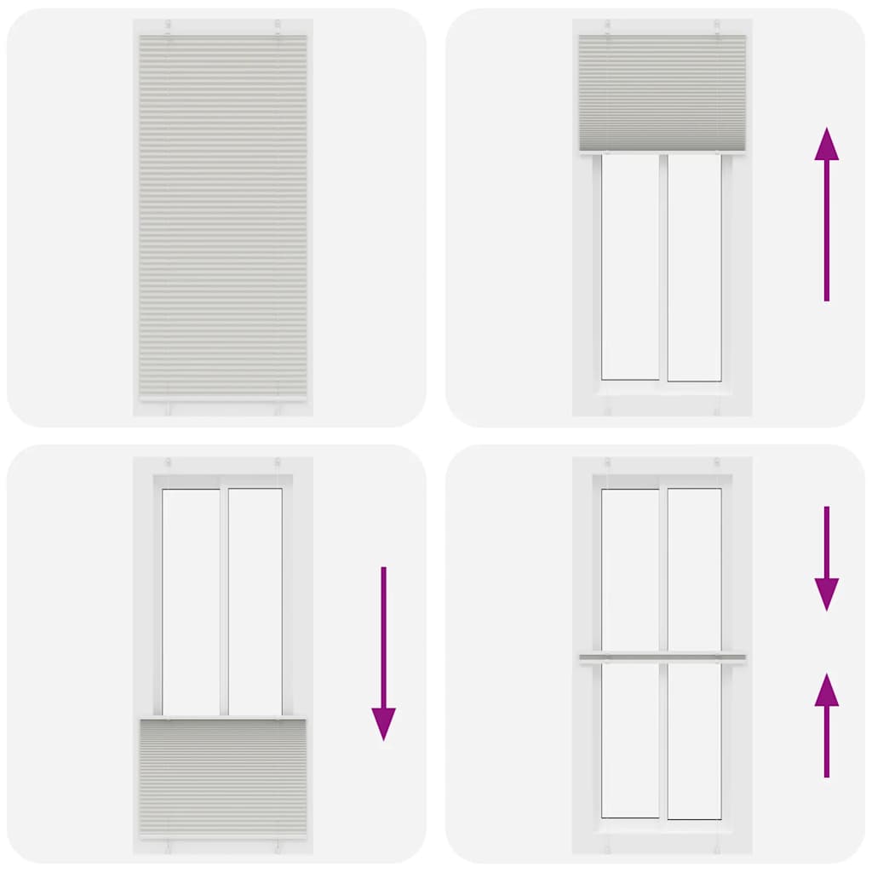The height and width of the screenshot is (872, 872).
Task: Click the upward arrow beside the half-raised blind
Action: [826, 217]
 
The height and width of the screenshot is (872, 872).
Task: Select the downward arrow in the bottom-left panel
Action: [383, 651]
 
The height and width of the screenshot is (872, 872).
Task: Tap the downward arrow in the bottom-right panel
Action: [826, 558]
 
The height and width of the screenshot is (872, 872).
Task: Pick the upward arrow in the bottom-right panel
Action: [826, 724]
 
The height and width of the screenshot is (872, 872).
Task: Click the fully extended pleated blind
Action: [223, 217]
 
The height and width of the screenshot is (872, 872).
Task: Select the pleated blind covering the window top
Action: [663, 92]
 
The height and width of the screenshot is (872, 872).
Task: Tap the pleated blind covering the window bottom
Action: [223, 777]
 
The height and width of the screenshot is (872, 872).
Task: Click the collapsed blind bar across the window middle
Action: [663, 657]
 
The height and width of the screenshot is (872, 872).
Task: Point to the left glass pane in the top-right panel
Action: [630, 267]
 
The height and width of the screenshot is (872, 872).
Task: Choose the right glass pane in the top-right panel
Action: [694, 267]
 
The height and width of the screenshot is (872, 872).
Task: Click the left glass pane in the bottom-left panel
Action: [191, 601]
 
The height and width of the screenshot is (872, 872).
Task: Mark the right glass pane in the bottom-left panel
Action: [255, 601]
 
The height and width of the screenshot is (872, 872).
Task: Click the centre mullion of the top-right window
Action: [663, 267]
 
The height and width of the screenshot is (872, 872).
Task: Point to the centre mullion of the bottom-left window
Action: [223, 601]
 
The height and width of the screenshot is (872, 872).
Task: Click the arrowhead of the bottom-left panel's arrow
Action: [383, 723]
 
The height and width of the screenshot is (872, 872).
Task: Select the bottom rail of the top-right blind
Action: [663, 152]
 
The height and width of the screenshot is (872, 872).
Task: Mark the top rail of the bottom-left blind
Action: [223, 718]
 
